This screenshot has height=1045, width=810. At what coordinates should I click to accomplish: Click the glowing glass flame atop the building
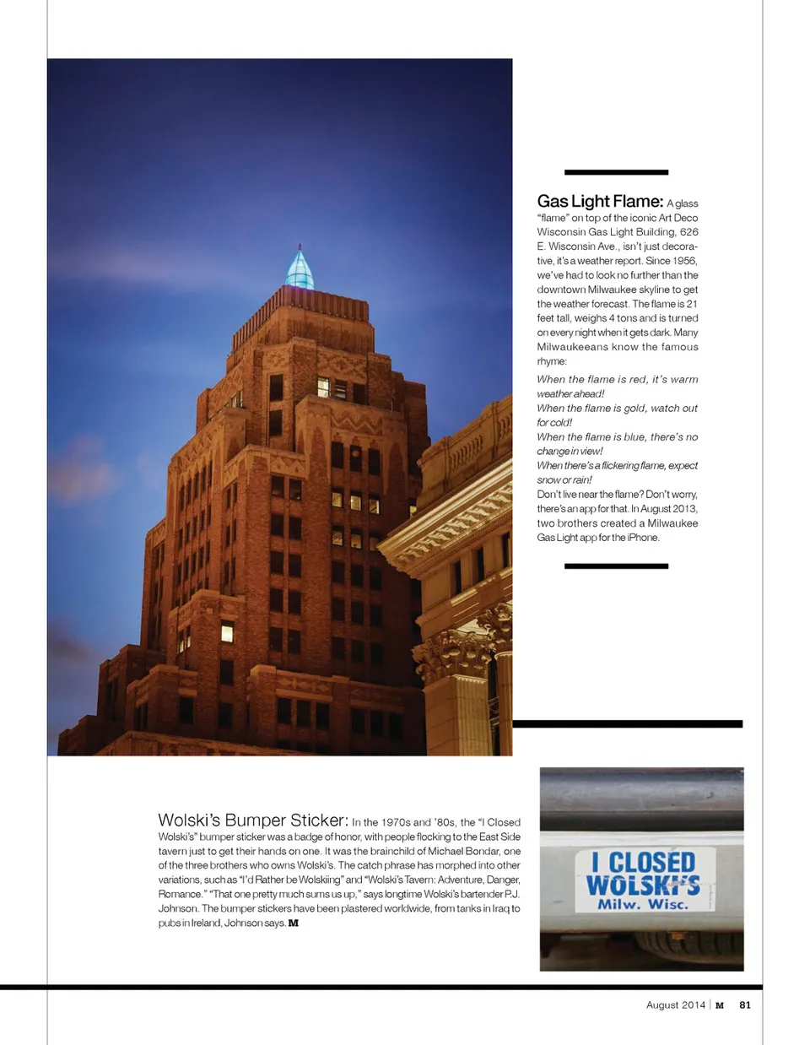[x=300, y=269]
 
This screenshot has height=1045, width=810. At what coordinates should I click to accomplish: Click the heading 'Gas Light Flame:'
[x=600, y=201]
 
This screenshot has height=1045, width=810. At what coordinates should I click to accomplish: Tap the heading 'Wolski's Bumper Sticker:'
[x=252, y=820]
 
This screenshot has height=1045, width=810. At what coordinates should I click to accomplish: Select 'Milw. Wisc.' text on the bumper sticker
[x=643, y=904]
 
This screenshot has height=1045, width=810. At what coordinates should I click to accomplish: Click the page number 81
[x=745, y=1004]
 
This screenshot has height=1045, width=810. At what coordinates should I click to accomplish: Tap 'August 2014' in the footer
[x=675, y=1004]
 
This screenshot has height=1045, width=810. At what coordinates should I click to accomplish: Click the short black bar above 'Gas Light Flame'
[x=616, y=172]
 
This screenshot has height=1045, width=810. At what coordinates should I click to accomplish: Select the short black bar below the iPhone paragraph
[x=616, y=566]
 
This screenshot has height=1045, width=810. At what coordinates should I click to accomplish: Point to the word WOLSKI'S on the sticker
[x=643, y=885]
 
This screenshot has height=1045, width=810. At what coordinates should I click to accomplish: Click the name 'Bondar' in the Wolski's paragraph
[x=482, y=851]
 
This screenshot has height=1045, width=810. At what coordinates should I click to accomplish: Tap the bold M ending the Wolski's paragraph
[x=294, y=923]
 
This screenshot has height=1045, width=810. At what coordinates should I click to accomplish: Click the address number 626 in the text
[x=688, y=232]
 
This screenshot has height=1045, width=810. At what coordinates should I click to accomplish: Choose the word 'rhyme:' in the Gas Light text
[x=552, y=361]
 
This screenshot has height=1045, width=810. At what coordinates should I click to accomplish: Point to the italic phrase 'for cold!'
[x=554, y=422]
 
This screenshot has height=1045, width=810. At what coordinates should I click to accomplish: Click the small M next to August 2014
[x=720, y=1005]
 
